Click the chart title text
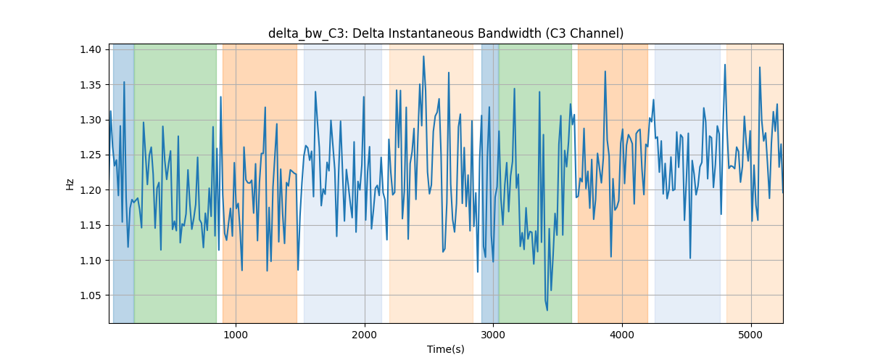pos(446,33)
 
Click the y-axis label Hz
pos(70,184)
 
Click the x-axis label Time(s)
pos(446,349)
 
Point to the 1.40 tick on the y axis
pos(91,50)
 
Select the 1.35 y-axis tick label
pos(91,85)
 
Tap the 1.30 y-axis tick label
pos(91,120)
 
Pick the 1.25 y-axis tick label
pos(91,155)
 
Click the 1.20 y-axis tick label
pos(91,190)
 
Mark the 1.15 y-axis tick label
pos(91,225)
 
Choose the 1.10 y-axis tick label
pos(91,261)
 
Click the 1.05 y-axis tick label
pos(91,295)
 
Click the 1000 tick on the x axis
pos(236,335)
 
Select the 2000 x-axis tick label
pos(365,335)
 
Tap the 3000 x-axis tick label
pos(493,335)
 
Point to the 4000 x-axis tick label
pos(622,335)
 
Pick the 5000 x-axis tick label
pos(751,335)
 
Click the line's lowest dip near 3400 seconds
pos(547,310)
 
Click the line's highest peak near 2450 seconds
pos(423,57)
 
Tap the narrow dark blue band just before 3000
pos(490,183)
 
